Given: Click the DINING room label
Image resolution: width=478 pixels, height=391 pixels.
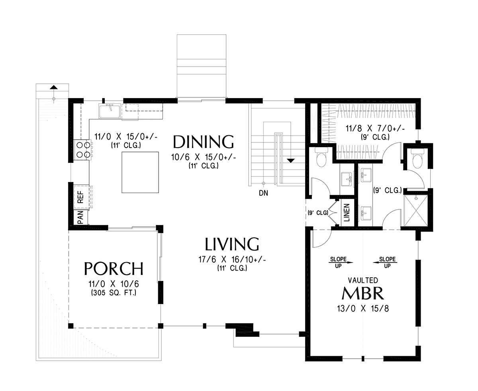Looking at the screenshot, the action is click(x=203, y=142).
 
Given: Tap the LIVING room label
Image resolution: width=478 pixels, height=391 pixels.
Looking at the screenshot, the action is click(x=232, y=244).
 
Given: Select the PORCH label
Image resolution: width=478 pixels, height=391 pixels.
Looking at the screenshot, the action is click(x=114, y=269).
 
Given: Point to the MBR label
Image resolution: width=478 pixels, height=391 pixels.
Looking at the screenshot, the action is click(x=362, y=293).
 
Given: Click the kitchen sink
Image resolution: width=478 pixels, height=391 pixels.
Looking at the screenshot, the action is click(x=110, y=111).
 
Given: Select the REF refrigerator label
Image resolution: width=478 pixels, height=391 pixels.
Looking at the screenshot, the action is click(x=81, y=197).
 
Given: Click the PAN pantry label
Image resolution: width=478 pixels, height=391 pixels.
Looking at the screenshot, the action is click(x=80, y=217).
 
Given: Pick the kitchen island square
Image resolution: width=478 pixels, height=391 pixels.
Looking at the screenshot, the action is click(x=140, y=172).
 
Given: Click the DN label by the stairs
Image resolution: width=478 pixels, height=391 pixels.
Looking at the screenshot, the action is click(x=263, y=193).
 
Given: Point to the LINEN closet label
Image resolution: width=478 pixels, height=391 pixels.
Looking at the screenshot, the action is click(x=347, y=213).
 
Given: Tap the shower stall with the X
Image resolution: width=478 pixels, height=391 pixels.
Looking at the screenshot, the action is click(x=416, y=211).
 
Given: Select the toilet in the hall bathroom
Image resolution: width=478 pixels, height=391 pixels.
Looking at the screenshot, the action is click(x=321, y=157).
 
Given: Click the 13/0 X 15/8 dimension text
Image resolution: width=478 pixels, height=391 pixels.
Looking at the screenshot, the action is click(x=363, y=309).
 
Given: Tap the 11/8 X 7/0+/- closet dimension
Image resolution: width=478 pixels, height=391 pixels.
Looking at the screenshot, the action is click(x=375, y=129).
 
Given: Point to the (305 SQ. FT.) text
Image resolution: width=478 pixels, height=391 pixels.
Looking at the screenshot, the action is click(x=114, y=293).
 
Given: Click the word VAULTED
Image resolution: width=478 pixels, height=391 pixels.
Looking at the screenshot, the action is click(x=363, y=280).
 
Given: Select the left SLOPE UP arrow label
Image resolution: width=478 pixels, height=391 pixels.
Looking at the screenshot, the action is click(x=339, y=263).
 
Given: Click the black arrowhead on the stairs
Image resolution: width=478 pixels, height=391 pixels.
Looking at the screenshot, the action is click(x=291, y=161).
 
